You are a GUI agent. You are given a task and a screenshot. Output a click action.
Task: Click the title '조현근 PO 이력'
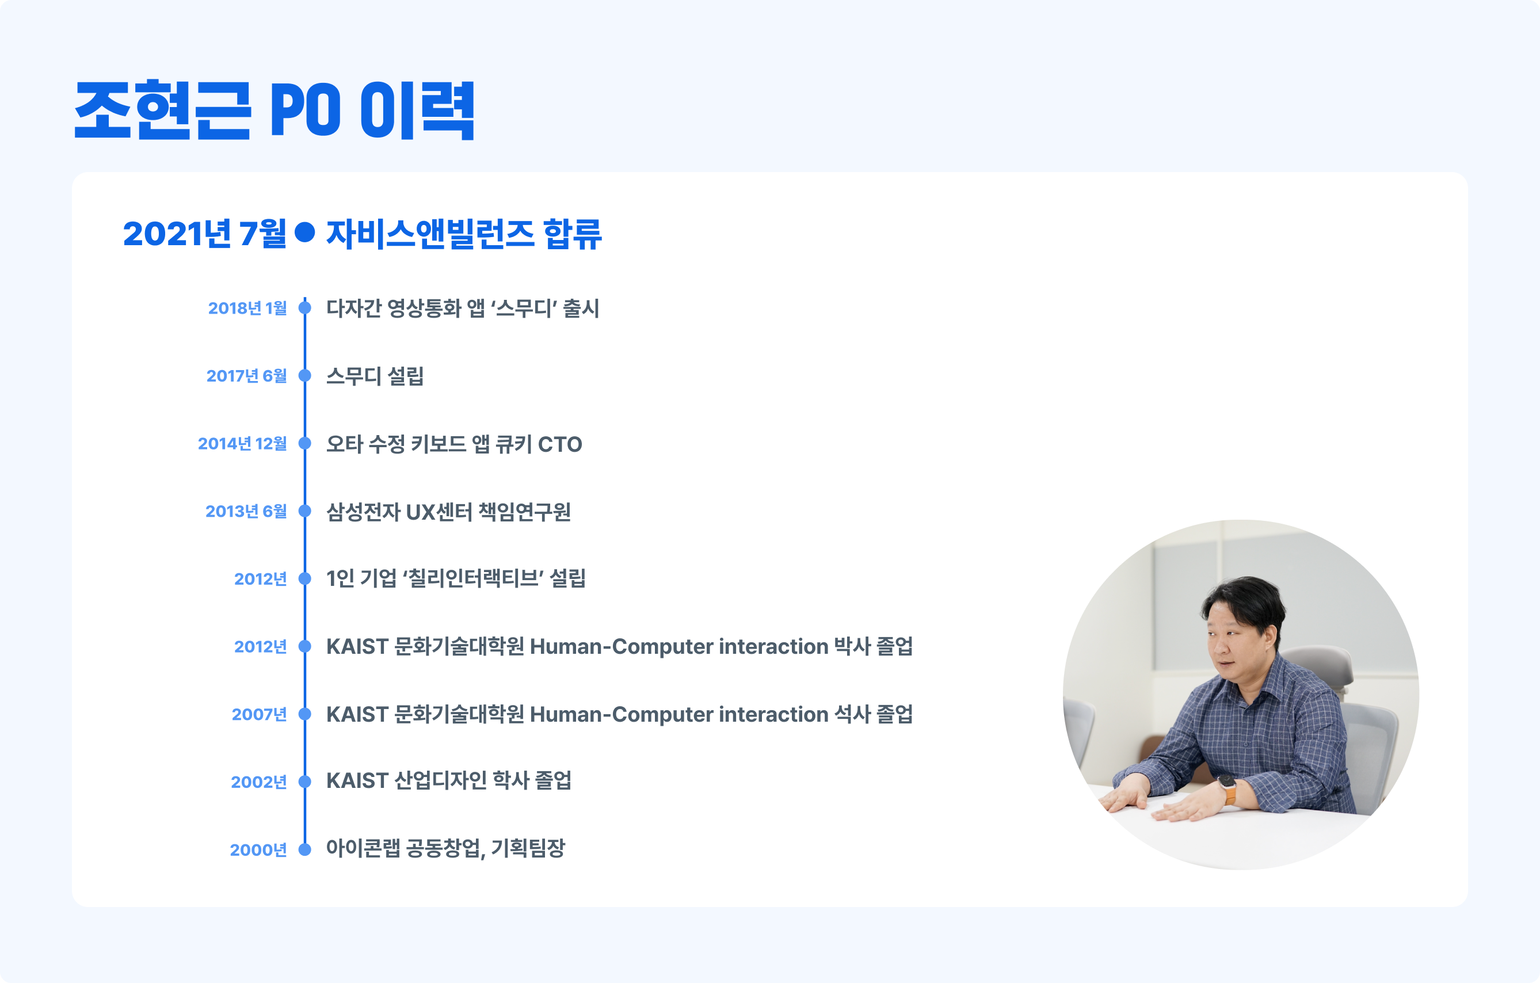pyautogui.click(x=275, y=110)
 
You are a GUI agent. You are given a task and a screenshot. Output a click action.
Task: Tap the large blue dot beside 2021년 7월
pyautogui.click(x=305, y=232)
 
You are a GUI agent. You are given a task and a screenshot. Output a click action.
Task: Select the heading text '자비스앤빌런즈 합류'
pyautogui.click(x=464, y=234)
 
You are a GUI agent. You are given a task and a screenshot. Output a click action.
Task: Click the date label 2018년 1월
pyautogui.click(x=247, y=308)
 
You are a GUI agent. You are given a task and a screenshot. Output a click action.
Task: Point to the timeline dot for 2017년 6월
pyautogui.click(x=305, y=375)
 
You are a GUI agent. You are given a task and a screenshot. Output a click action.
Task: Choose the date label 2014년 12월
pyautogui.click(x=242, y=443)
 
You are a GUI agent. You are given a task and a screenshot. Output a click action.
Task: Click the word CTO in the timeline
pyautogui.click(x=559, y=444)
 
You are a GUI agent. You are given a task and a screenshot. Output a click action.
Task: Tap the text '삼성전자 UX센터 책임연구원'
pyautogui.click(x=448, y=512)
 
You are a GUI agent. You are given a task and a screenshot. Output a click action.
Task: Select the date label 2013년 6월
pyautogui.click(x=246, y=511)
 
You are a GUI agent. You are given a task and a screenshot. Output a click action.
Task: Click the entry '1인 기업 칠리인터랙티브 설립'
pyautogui.click(x=456, y=579)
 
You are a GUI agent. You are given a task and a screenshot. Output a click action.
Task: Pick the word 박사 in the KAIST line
pyautogui.click(x=852, y=646)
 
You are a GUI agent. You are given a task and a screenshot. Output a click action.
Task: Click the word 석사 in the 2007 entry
pyautogui.click(x=852, y=714)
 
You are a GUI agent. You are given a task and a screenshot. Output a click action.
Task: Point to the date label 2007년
pyautogui.click(x=259, y=714)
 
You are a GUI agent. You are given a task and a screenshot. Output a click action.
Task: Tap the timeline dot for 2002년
pyautogui.click(x=305, y=782)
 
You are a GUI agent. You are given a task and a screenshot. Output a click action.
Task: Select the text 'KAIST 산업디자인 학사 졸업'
pyautogui.click(x=448, y=781)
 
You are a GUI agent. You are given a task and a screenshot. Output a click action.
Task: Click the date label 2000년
pyautogui.click(x=258, y=850)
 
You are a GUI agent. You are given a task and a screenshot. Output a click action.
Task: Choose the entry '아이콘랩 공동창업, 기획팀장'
pyautogui.click(x=446, y=849)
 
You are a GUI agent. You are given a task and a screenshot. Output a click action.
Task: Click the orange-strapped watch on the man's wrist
pyautogui.click(x=1228, y=789)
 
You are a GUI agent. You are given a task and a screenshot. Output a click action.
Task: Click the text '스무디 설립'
pyautogui.click(x=375, y=376)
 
